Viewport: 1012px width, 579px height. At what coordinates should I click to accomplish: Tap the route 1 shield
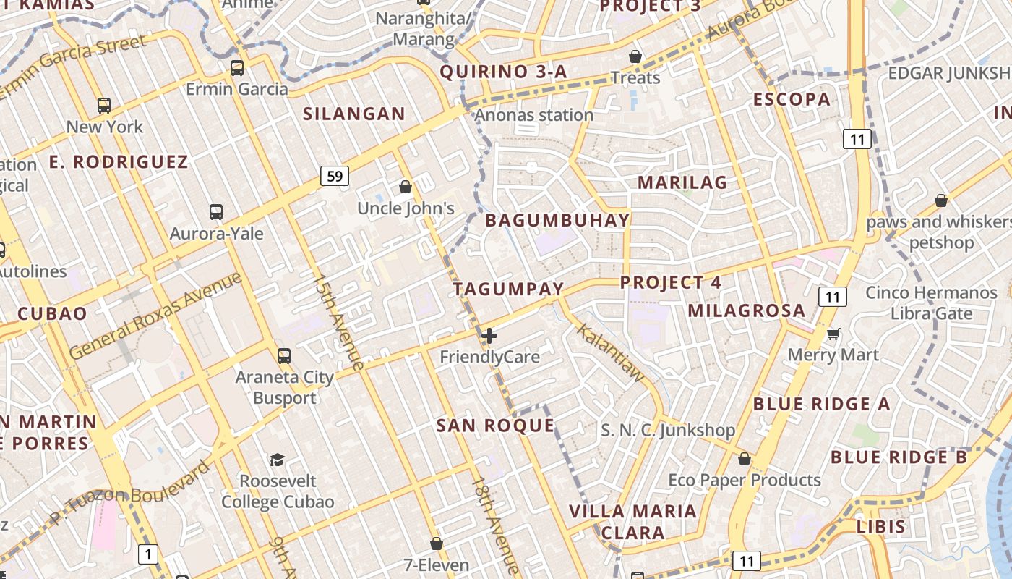point(148,555)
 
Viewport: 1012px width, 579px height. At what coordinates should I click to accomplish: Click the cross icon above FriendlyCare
point(489,336)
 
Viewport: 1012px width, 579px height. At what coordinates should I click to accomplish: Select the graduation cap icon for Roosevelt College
point(277,460)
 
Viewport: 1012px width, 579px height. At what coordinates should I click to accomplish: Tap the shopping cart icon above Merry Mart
point(833,334)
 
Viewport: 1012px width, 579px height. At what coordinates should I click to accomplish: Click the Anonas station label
point(534,115)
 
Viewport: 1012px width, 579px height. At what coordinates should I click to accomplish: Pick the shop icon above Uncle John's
point(406,187)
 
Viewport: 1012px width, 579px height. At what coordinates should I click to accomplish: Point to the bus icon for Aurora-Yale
point(216,212)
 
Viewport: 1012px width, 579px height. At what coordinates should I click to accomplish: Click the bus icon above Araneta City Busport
point(284,356)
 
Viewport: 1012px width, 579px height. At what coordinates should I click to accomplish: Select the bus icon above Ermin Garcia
point(237,68)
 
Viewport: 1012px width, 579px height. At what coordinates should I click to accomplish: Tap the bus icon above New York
point(104,106)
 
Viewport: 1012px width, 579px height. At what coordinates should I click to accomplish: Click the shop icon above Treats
point(635,56)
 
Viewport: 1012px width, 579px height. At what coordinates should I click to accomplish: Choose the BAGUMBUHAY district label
point(557,221)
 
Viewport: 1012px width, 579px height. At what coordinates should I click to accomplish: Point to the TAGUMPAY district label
point(508,289)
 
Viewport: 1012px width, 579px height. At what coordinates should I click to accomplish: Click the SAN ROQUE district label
point(495,426)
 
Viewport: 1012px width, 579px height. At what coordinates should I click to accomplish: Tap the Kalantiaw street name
point(609,352)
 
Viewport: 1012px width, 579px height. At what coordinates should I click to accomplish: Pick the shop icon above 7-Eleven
point(437,544)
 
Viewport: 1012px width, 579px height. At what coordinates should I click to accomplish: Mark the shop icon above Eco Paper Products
point(745,460)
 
